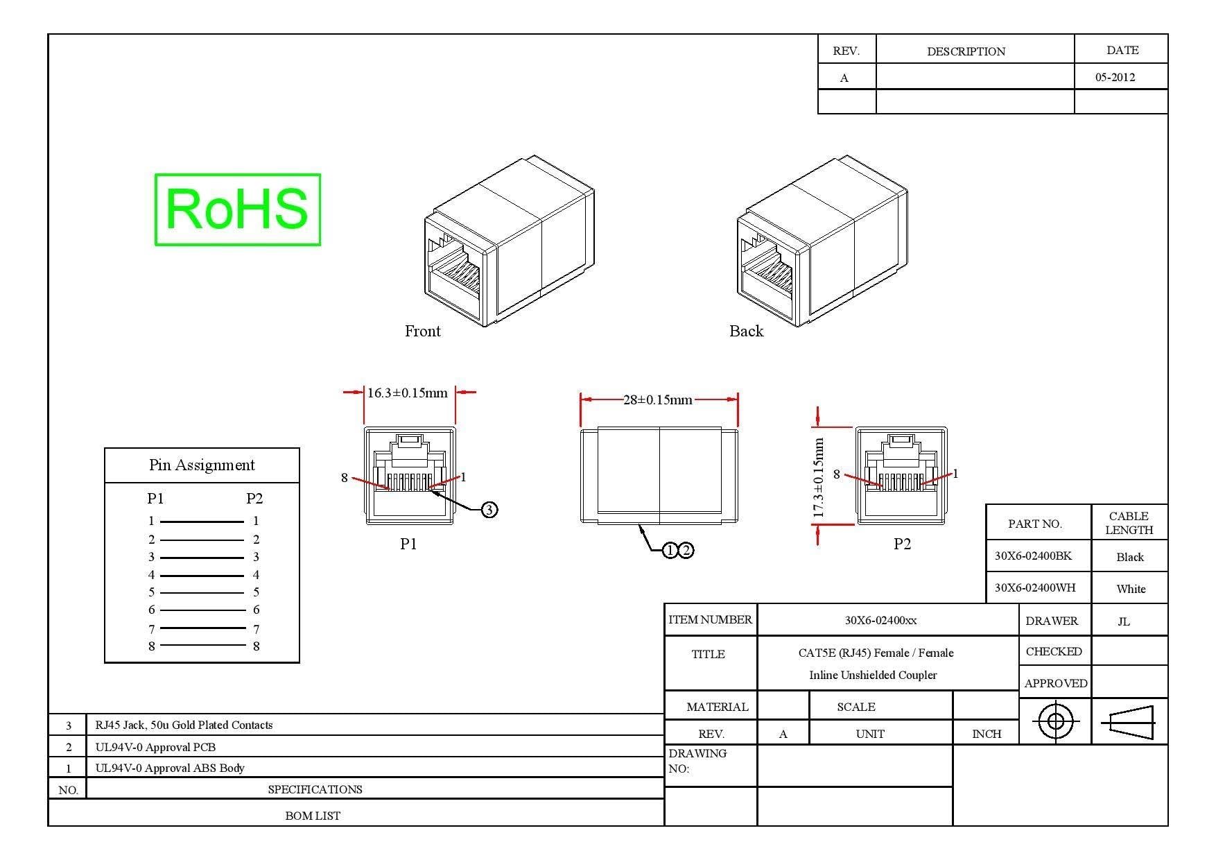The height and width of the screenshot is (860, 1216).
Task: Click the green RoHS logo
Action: (237, 209)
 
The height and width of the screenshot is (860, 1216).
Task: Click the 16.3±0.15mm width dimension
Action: (408, 393)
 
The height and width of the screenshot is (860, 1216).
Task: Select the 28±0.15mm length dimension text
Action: (658, 400)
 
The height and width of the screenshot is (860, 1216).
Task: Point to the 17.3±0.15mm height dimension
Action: (819, 478)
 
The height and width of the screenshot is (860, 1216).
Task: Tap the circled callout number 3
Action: (489, 510)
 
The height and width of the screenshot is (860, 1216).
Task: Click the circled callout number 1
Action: (670, 551)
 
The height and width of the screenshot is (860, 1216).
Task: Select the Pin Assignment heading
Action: (202, 465)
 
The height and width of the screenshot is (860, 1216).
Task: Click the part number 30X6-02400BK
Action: (1033, 556)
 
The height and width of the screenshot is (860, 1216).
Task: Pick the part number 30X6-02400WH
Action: (1035, 587)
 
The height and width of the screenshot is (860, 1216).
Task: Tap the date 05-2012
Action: (1115, 77)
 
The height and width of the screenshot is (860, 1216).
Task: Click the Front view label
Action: (423, 331)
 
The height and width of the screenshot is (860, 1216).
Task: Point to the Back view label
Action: (747, 331)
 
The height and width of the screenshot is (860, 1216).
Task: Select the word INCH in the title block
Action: (987, 734)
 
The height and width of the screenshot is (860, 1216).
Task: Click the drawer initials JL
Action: (1124, 621)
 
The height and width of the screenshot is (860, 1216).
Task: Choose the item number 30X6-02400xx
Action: (880, 620)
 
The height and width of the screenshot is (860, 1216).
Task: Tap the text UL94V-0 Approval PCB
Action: (155, 747)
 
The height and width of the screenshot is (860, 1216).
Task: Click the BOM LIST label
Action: (313, 816)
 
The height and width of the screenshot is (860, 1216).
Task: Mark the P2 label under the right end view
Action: (902, 544)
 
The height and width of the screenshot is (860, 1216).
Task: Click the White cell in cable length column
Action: (1131, 589)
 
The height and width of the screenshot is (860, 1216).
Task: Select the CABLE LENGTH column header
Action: (1129, 523)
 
